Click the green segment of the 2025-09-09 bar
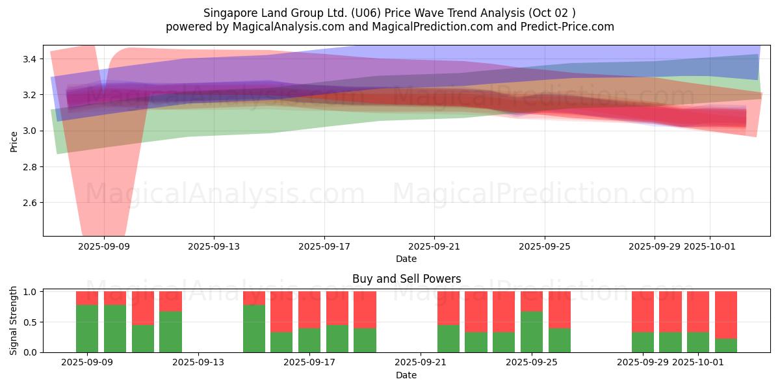click(87, 328)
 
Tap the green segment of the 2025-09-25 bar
click(532, 331)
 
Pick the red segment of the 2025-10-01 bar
click(698, 311)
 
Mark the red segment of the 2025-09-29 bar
click(643, 311)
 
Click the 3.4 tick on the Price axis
click(29, 59)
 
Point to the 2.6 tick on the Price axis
click(29, 203)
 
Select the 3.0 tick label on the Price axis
click(29, 131)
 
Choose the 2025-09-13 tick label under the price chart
click(214, 246)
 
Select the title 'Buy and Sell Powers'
click(406, 279)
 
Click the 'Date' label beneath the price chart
click(406, 259)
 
